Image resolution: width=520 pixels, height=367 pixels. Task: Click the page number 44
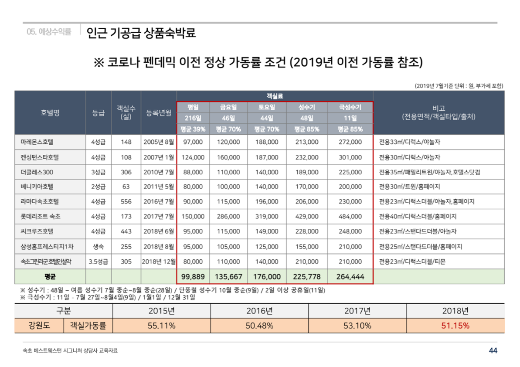[x=493, y=350]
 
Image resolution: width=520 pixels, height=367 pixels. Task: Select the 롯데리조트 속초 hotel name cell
[x=41, y=216]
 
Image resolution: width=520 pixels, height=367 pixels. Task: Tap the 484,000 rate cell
[x=350, y=216]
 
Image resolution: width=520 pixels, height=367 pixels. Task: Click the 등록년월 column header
[x=159, y=113]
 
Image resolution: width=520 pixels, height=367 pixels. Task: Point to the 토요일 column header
[x=266, y=107]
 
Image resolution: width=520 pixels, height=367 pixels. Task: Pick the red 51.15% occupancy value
[x=455, y=326]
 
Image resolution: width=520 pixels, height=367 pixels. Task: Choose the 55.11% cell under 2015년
[x=161, y=326]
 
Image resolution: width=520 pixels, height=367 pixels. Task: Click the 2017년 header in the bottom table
[x=357, y=311]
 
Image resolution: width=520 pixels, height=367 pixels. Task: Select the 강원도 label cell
[x=39, y=326]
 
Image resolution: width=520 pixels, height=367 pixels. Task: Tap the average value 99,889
[x=193, y=276]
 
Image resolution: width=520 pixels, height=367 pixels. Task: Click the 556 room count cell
[x=126, y=201]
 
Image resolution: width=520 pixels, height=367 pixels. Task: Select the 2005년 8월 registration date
[x=159, y=142]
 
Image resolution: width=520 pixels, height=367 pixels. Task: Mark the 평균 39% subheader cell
[x=193, y=129]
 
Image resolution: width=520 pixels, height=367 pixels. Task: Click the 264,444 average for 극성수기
[x=350, y=276]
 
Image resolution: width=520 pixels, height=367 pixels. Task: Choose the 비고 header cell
[x=438, y=113]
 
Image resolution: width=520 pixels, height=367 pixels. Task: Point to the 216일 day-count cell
[x=193, y=118]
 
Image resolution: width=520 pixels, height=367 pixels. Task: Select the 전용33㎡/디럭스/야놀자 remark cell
[x=406, y=142]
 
